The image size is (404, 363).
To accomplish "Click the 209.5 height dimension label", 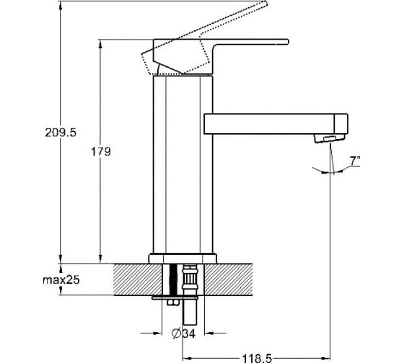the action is pyautogui.click(x=61, y=133).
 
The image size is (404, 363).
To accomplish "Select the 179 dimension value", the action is pyautogui.click(x=101, y=152).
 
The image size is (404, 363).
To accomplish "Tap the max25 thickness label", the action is pyautogui.click(x=61, y=279).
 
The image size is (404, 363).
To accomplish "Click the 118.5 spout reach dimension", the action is pyautogui.click(x=257, y=358).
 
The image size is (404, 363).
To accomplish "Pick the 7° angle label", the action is pyautogui.click(x=355, y=161).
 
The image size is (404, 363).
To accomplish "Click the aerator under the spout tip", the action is pyautogui.click(x=329, y=138).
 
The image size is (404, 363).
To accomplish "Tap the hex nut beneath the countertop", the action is pyautogui.click(x=172, y=302).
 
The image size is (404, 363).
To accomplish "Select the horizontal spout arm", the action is pyautogui.click(x=276, y=124).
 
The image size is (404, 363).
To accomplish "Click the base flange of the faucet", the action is pyautogui.click(x=183, y=259).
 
